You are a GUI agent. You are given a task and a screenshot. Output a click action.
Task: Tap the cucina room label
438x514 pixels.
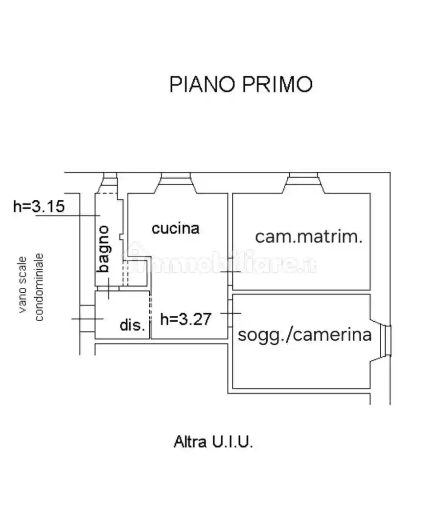(x=175, y=229)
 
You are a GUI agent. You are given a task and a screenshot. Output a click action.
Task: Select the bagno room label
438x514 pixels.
(x=104, y=249)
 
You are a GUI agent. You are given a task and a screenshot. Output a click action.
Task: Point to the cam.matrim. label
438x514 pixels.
(x=309, y=236)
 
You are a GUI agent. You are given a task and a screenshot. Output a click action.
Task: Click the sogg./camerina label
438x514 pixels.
(x=305, y=335)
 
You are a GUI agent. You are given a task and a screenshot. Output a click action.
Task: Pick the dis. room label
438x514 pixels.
(x=132, y=325)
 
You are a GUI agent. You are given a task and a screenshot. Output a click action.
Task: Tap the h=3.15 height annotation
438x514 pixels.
(x=39, y=206)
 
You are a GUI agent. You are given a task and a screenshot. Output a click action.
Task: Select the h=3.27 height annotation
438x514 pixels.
(x=186, y=319)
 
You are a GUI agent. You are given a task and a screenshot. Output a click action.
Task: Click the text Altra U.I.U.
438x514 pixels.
(x=213, y=442)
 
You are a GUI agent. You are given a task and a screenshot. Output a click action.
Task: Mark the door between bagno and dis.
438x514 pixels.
(x=109, y=288)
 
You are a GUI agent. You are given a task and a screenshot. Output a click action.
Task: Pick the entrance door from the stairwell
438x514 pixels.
(x=88, y=319)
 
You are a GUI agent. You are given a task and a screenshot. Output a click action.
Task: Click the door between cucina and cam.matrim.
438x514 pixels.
(x=231, y=272)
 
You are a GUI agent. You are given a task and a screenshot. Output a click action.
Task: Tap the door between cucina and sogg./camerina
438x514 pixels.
(x=231, y=313)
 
